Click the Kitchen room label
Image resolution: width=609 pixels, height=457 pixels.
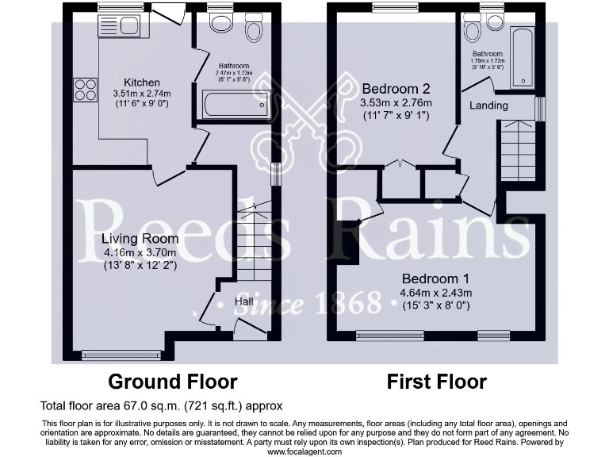click(141, 83)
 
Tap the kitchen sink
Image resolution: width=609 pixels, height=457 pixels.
click(118, 25)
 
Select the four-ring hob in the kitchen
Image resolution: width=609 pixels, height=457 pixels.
click(86, 90)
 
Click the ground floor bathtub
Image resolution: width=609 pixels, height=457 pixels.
click(236, 105)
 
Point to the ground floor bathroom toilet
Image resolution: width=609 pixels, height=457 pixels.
click(254, 28)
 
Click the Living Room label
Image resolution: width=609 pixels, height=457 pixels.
click(140, 238)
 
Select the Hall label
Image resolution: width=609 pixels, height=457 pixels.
click(243, 301)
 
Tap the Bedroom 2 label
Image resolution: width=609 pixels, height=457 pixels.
click(396, 88)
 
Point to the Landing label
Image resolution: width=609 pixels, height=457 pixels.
click(488, 106)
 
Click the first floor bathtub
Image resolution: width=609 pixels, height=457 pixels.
click(523, 57)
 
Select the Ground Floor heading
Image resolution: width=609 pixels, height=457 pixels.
click(172, 382)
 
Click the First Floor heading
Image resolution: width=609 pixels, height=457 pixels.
click(436, 382)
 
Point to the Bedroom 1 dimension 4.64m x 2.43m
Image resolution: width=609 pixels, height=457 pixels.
click(436, 293)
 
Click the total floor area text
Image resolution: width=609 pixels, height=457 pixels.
click(162, 406)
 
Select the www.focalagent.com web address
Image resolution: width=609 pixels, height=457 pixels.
click(304, 451)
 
